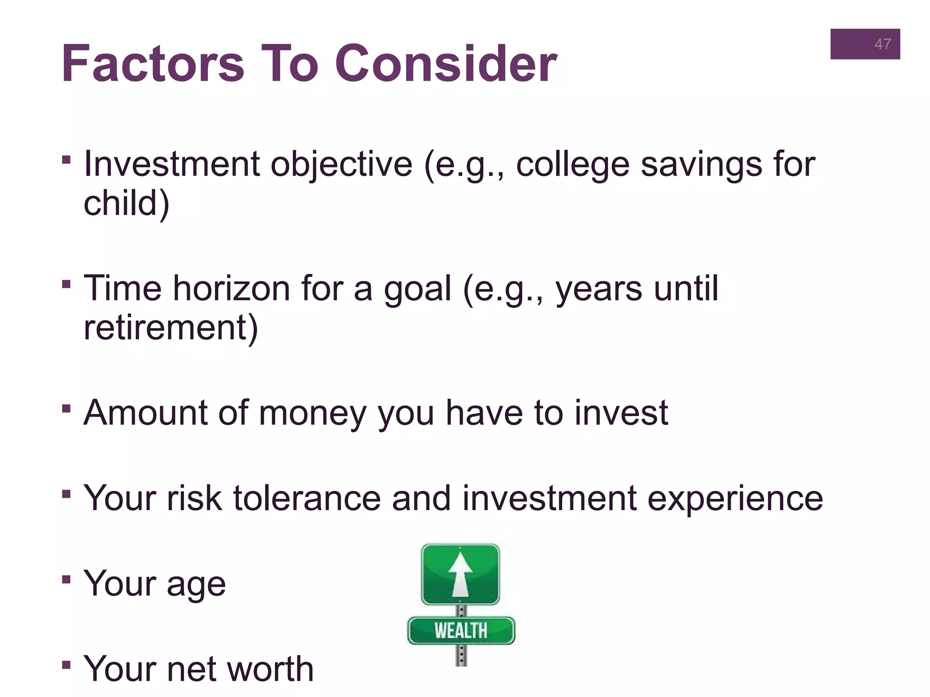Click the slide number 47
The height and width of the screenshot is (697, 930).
point(882,44)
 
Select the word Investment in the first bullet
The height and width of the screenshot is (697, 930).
point(172,164)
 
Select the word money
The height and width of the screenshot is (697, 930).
point(312,413)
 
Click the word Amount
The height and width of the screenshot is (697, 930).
point(145,412)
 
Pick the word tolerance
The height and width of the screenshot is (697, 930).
point(307,498)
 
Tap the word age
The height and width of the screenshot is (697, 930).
point(196,584)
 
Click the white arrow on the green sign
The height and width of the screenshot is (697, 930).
point(460,574)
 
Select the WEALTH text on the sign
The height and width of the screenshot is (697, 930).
point(460,631)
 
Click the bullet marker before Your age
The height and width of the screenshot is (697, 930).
point(66,579)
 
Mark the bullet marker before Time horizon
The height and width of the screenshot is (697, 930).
point(66,285)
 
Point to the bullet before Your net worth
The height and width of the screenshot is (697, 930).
point(66,665)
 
